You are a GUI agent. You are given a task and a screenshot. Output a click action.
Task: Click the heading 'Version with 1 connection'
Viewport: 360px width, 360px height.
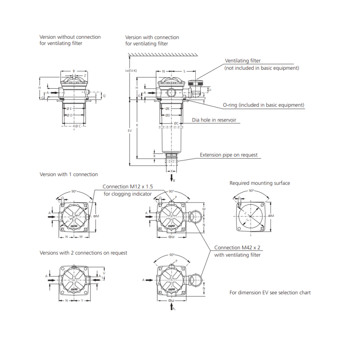(x=68, y=174)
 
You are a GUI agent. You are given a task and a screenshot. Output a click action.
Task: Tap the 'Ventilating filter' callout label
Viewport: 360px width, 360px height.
(x=243, y=61)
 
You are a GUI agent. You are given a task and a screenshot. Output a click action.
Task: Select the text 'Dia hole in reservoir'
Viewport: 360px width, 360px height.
(x=214, y=120)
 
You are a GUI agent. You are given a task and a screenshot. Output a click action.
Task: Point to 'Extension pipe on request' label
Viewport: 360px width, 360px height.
(x=229, y=155)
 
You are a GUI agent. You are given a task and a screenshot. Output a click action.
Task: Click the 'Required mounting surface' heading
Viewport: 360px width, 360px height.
(x=260, y=183)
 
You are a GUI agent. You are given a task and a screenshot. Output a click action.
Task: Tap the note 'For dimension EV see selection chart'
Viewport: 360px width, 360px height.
(x=270, y=292)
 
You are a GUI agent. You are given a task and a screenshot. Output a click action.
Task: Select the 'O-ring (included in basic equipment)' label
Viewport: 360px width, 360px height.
(x=264, y=105)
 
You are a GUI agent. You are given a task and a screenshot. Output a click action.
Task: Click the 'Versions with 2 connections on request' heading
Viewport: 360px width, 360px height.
(x=83, y=253)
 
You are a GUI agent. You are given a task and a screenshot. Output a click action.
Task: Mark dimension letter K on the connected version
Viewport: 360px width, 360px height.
(x=137, y=125)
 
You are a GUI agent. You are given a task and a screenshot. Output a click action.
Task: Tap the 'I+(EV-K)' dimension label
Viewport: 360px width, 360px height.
(x=131, y=71)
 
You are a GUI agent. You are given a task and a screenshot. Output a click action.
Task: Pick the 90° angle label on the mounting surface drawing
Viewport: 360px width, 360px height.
(x=252, y=190)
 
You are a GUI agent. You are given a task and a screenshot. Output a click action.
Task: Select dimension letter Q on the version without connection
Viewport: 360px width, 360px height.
(x=104, y=96)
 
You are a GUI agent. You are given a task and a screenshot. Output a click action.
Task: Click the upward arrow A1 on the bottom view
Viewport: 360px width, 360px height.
(x=172, y=308)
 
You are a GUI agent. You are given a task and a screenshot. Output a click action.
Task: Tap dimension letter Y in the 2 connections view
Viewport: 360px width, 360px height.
(x=81, y=300)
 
